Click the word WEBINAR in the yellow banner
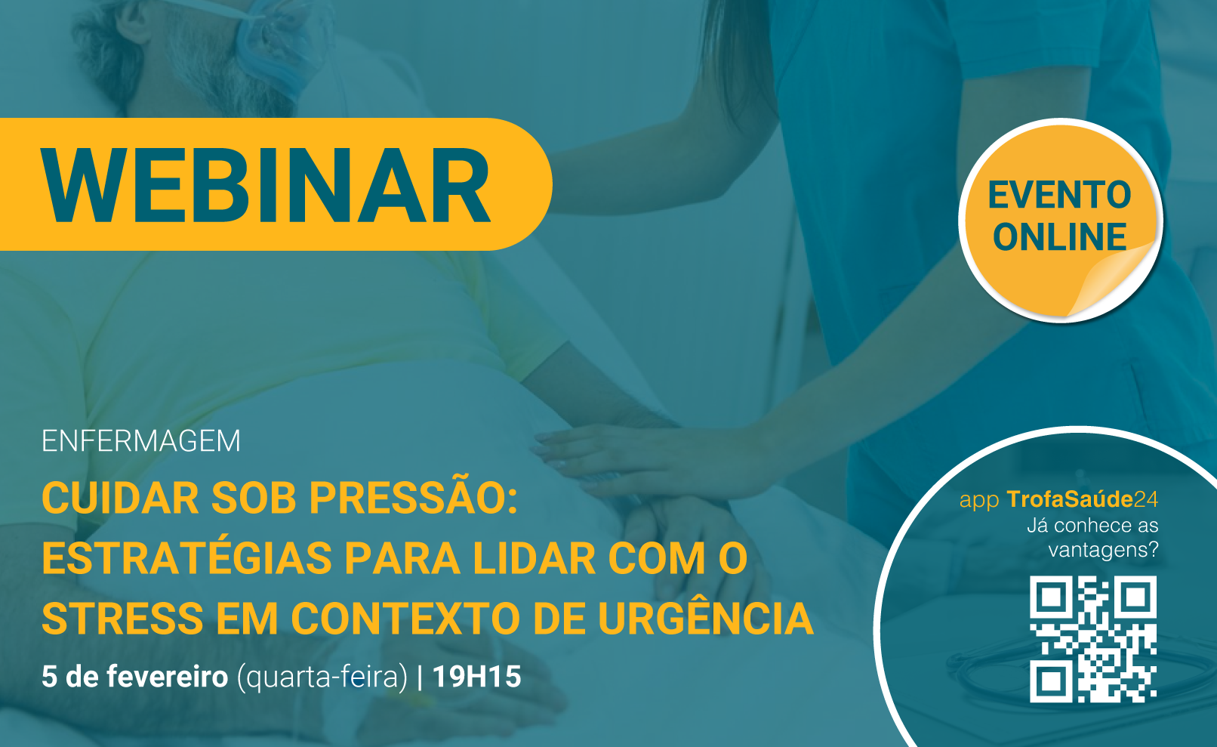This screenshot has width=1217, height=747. click(x=267, y=185)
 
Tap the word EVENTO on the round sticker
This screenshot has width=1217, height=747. click(x=1059, y=195)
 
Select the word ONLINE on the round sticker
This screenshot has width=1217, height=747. click(x=1059, y=237)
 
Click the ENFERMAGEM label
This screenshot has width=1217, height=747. click(x=140, y=441)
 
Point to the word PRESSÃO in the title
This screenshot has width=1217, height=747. click(x=413, y=498)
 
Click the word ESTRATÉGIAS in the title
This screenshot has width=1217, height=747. click(x=187, y=557)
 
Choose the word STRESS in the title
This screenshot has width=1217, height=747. click(x=122, y=618)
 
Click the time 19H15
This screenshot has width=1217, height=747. click(x=476, y=677)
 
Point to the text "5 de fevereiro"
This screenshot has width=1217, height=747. click(x=134, y=677)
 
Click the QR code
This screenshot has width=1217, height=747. click(x=1093, y=639)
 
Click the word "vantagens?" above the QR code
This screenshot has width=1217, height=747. click(x=1104, y=550)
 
